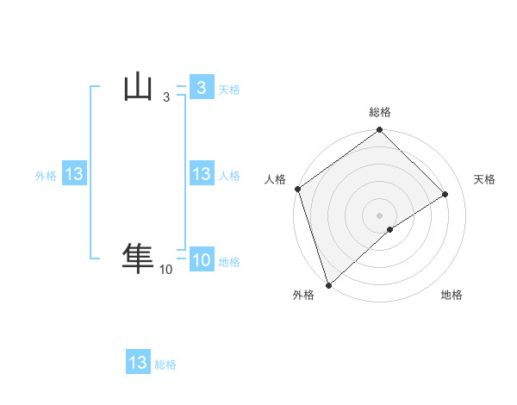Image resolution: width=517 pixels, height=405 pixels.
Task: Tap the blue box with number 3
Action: (x=201, y=88)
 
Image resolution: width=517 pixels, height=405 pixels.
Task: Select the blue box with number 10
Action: (x=201, y=260)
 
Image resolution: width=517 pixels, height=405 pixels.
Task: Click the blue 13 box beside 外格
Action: (x=73, y=175)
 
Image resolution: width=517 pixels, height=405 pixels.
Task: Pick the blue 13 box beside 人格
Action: (x=201, y=175)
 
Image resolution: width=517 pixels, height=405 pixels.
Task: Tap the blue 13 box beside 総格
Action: (x=138, y=363)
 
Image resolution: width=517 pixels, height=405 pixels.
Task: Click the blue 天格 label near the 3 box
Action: (x=229, y=90)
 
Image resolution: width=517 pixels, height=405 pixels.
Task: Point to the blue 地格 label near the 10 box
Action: (x=229, y=262)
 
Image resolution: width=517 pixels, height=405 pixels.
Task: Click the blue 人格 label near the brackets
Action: (x=229, y=176)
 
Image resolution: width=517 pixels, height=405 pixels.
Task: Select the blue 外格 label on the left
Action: (x=46, y=176)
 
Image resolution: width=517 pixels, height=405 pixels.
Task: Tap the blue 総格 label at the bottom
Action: (x=165, y=364)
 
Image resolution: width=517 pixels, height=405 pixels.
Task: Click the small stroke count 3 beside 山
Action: (x=165, y=98)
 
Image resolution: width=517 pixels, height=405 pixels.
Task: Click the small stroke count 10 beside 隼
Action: (x=165, y=271)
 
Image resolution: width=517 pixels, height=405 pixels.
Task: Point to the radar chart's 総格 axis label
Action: (x=380, y=112)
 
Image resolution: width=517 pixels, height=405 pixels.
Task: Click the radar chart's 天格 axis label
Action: (x=484, y=179)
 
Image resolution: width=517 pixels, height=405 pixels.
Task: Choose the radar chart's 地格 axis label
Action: (x=452, y=295)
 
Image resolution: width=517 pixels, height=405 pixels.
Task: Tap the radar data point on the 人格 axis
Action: (x=297, y=189)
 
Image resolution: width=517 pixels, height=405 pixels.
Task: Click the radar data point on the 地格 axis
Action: (x=390, y=229)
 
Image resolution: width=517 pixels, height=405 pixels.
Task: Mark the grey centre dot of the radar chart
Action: (x=379, y=215)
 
